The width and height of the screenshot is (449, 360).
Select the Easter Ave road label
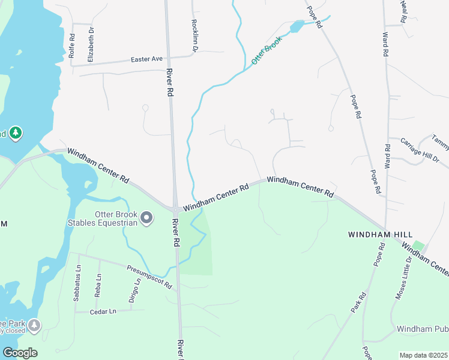click(x=147, y=59)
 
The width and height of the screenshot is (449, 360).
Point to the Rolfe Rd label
click(x=72, y=46)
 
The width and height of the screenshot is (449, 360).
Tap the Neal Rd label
click(x=404, y=11)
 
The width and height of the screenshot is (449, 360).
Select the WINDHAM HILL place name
click(x=377, y=235)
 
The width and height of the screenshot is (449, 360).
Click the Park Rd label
click(x=358, y=302)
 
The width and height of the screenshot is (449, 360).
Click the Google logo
click(x=20, y=353)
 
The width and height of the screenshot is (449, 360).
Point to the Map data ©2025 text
click(x=424, y=355)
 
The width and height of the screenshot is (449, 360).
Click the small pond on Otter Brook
click(x=297, y=26)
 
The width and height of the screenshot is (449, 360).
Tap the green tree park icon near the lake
click(x=16, y=132)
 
